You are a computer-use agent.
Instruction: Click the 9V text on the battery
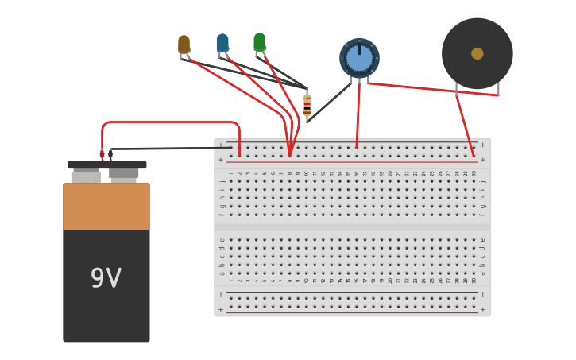pos(106,278)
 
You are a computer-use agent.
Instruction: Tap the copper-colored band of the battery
pos(106,207)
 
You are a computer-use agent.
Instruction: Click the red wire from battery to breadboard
pos(171,122)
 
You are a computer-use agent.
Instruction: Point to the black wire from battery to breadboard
pos(171,148)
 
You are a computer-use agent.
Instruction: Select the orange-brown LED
pos(184,45)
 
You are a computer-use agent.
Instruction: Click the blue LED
pos(222,43)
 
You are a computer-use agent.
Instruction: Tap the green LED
pos(259,41)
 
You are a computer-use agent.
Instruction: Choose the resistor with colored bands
pos(307,105)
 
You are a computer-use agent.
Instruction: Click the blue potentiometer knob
pos(359,58)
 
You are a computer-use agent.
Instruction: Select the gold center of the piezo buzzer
pos(477,53)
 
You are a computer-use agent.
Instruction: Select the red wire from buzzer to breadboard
pos(464,119)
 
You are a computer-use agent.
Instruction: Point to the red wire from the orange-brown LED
pos(238,87)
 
